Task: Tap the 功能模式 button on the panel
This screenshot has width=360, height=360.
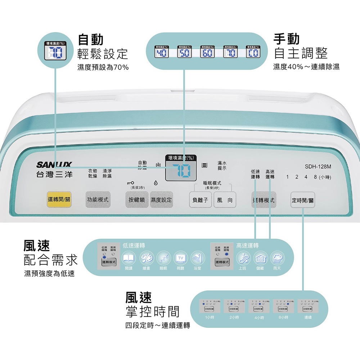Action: [98, 200]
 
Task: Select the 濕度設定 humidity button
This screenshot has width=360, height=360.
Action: [161, 200]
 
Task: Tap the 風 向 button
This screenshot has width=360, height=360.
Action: [225, 200]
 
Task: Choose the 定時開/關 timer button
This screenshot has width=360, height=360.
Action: [303, 200]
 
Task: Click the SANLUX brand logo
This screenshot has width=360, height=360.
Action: [54, 165]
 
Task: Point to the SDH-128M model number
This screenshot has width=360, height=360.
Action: [318, 167]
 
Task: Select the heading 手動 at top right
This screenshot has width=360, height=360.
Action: [287, 39]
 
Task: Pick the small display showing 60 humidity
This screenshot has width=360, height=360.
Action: [207, 53]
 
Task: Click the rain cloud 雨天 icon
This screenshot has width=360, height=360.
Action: [277, 258]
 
